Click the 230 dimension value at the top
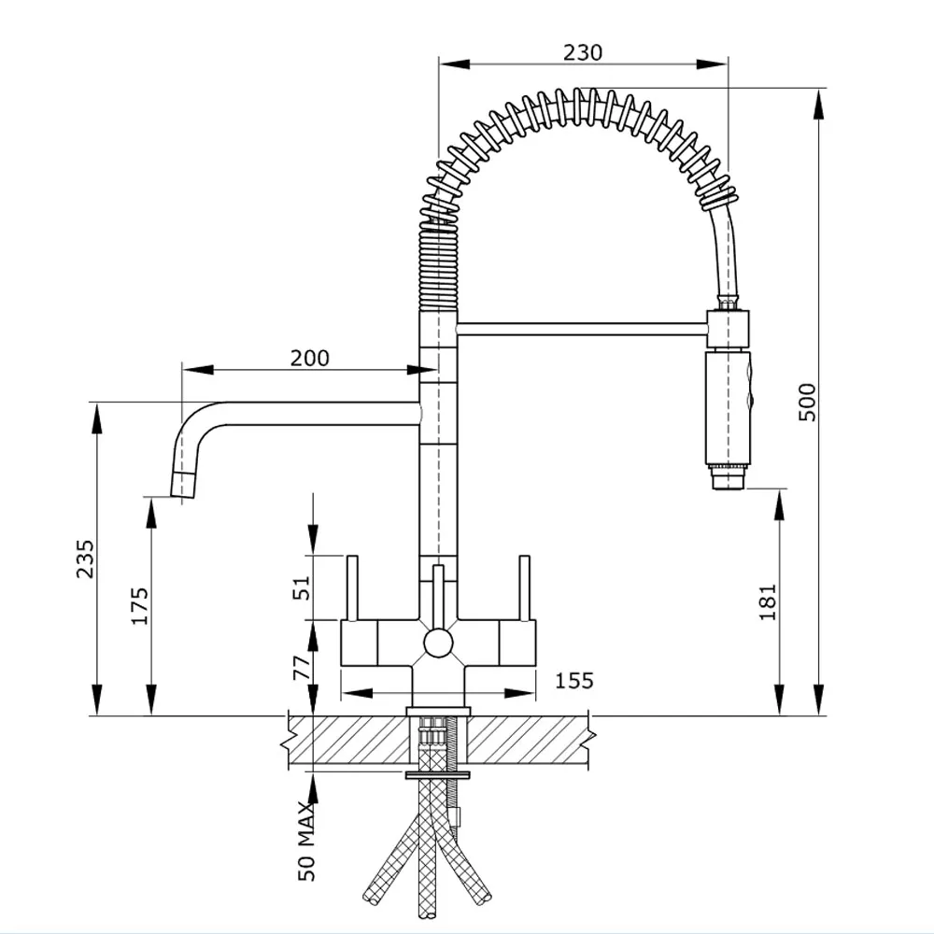point(582,52)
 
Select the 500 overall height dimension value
point(808,402)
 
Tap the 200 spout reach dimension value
point(309,358)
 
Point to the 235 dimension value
point(85,559)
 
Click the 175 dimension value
point(139,605)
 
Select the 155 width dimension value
point(573,680)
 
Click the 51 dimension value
point(301,587)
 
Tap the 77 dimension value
point(301,670)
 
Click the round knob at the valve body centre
point(437,643)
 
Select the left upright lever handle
point(353,588)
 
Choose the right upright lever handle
point(524,588)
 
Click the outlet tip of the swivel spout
point(182,486)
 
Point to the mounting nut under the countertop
point(438,775)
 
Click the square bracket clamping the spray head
point(729,330)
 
